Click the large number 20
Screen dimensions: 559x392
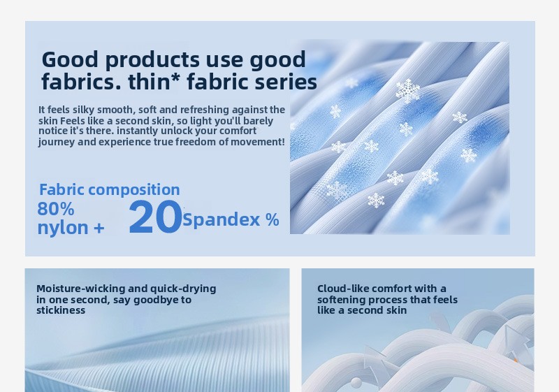(155, 217)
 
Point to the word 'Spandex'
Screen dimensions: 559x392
(221, 220)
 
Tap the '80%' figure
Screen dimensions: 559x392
(56, 209)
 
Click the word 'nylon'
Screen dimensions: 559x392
(63, 228)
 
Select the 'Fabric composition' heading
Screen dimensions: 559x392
(110, 189)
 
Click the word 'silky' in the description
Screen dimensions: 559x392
(84, 110)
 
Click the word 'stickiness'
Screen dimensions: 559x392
(61, 310)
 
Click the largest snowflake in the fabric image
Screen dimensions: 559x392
(408, 91)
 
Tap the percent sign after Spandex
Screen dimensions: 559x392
(272, 219)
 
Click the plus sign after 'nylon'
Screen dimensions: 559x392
(99, 228)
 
